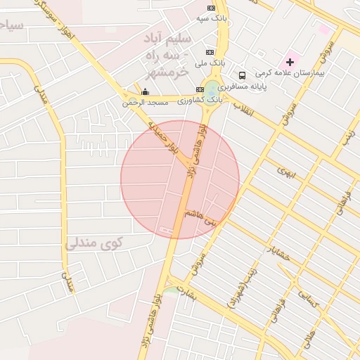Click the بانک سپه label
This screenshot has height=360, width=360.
tap(212, 18)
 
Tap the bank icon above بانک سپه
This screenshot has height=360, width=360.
tap(211, 8)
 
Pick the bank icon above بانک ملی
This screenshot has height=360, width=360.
tap(210, 53)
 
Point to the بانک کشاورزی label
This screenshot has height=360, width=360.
tap(199, 101)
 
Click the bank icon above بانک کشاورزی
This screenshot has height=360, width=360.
tap(200, 89)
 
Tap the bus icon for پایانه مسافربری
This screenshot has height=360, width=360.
tap(242, 75)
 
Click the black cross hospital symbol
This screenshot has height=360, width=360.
tap(289, 63)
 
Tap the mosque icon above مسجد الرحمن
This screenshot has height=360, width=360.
tap(146, 91)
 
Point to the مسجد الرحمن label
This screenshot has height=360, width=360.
tap(146, 103)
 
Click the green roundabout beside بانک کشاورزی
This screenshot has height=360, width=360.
tap(212, 91)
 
